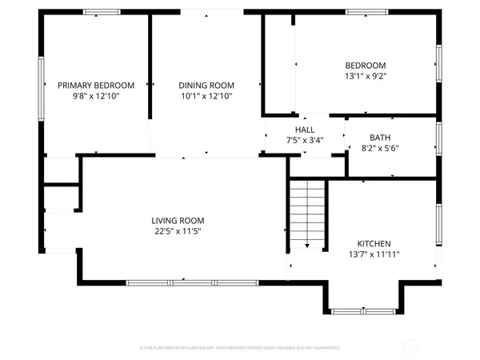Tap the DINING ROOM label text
pos(206,85)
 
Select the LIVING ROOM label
pos(178,221)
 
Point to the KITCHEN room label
pos(374,243)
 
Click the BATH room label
pos(380,138)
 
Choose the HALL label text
pos(305,129)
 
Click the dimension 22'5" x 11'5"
pos(178,232)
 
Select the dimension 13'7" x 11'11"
pos(374,254)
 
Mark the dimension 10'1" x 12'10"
pos(206,95)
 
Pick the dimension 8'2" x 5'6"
pos(380,148)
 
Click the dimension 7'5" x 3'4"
pos(305,139)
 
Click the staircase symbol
pos(308,212)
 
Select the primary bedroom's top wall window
pos(102,12)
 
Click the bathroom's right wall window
pos(438,138)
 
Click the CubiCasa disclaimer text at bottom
pos(240,348)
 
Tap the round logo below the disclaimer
pos(240,357)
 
